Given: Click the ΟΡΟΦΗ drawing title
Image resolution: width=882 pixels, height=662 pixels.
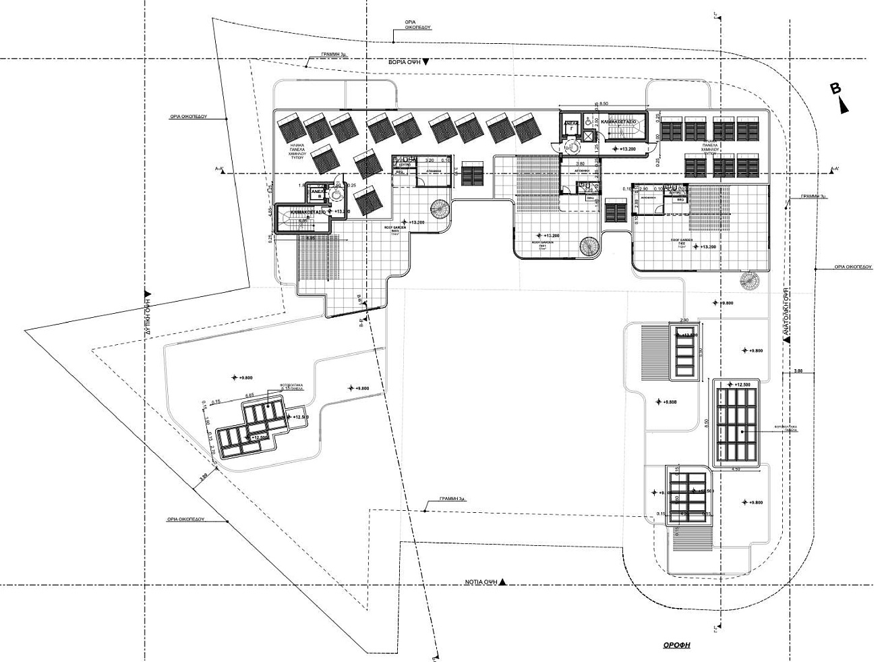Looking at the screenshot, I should pos(676,645).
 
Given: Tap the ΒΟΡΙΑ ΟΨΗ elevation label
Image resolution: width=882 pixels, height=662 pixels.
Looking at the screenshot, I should pos(405,61).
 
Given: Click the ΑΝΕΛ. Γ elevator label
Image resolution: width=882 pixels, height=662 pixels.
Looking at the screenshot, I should pos(570,125).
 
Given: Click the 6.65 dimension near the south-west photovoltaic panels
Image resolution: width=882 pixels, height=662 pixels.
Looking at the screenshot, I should pos(249,395).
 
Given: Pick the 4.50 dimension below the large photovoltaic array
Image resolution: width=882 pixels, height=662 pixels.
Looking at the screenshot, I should pos(736,469).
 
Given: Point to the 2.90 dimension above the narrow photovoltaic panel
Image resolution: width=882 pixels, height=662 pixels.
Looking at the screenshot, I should pos(684,319).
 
